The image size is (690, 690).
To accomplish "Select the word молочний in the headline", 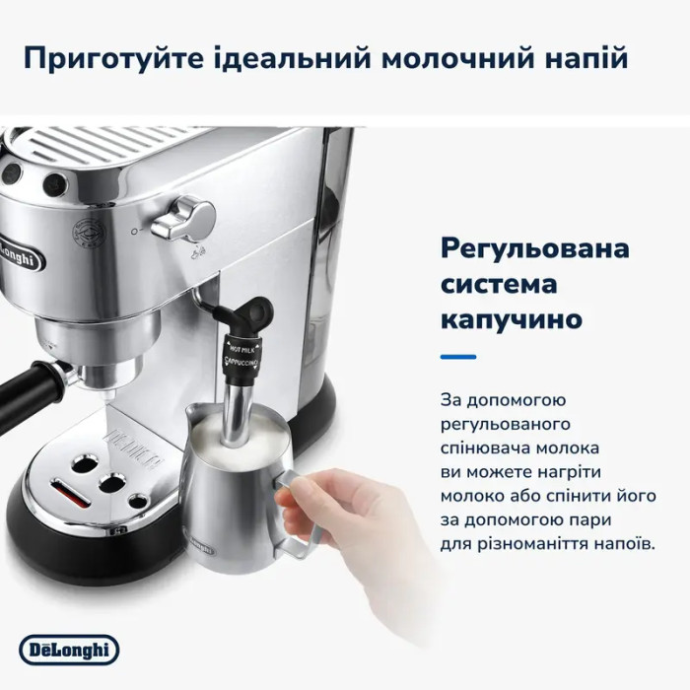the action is pyautogui.click(x=456, y=58).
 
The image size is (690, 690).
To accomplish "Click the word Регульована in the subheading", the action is pyautogui.click(x=534, y=249).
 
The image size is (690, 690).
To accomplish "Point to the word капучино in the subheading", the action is pyautogui.click(x=512, y=319).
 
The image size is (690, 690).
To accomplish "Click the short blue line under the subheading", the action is pyautogui.click(x=458, y=357).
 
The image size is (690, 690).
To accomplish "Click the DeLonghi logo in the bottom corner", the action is pyautogui.click(x=69, y=650).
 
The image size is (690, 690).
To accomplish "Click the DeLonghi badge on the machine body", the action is pyautogui.click(x=20, y=254).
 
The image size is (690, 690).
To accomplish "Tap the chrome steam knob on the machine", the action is pyautogui.click(x=184, y=219).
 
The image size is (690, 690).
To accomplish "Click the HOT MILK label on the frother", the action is pyautogui.click(x=241, y=349).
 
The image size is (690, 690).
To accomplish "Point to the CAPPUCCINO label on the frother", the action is pyautogui.click(x=241, y=362).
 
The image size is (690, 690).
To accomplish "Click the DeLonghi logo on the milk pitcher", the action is pyautogui.click(x=200, y=543).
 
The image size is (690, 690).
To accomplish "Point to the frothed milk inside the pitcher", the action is pyautogui.click(x=239, y=437).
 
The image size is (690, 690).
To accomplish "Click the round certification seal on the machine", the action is pyautogui.click(x=89, y=233).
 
